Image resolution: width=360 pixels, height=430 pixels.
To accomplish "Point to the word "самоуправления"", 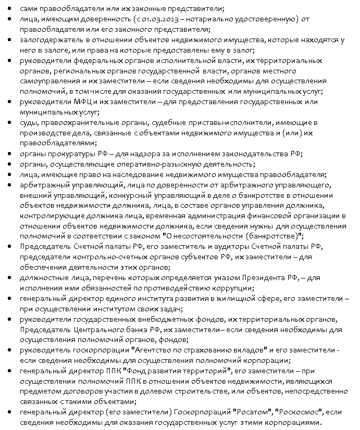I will pos(49,81).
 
